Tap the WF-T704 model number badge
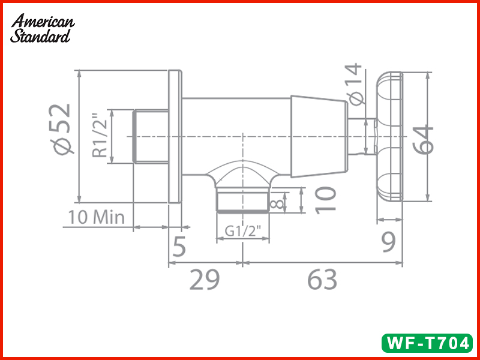pyautogui.click(x=427, y=343)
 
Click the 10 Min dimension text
pyautogui.click(x=97, y=217)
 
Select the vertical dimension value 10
pyautogui.click(x=325, y=199)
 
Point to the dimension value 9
pyautogui.click(x=389, y=244)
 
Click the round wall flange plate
pyautogui.click(x=175, y=137)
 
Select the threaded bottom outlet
pyautogui.click(x=242, y=200)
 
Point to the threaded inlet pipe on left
pyautogui.click(x=150, y=137)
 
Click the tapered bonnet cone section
pyautogui.click(x=318, y=137)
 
